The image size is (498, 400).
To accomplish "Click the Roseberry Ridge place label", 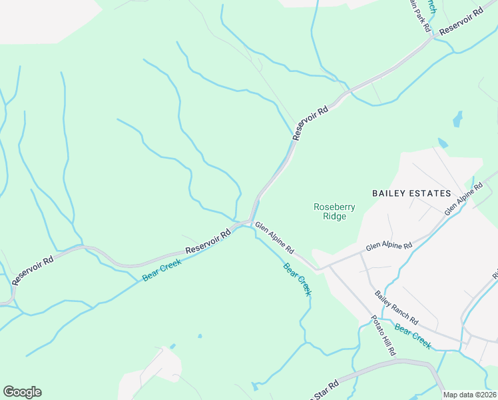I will pyautogui.click(x=335, y=211).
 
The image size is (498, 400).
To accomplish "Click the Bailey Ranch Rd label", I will pyautogui.click(x=395, y=308).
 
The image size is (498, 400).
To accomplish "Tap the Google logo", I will pyautogui.click(x=22, y=392).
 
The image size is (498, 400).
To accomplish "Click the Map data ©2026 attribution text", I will pyautogui.click(x=470, y=395).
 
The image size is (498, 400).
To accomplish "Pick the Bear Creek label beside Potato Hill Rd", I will pyautogui.click(x=413, y=337).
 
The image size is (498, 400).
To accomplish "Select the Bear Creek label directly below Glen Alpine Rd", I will pyautogui.click(x=298, y=279).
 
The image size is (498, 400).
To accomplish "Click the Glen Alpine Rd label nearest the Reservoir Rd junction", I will pyautogui.click(x=274, y=238).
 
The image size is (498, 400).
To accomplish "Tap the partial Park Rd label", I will pyautogui.click(x=417, y=15).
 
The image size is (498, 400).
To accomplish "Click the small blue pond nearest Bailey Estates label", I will pyautogui.click(x=443, y=143).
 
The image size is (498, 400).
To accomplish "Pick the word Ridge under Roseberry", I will pyautogui.click(x=335, y=216).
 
